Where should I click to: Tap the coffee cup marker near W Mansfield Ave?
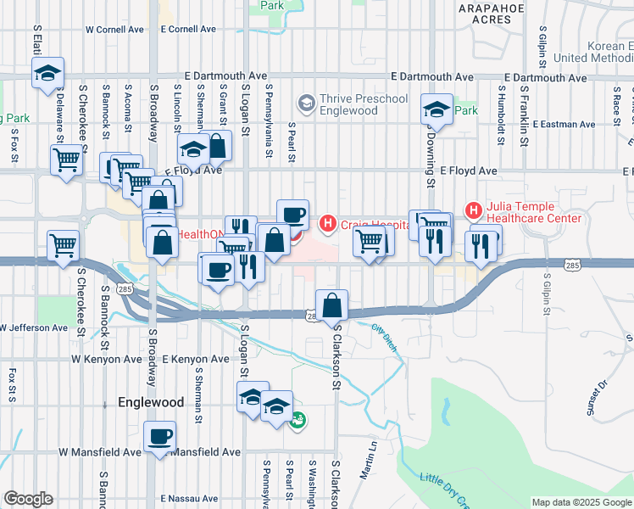159,438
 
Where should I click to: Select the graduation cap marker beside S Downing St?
437,109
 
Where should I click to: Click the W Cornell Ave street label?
114,29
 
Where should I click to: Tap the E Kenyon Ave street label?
196,360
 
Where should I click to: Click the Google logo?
28,499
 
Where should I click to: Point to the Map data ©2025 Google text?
581,503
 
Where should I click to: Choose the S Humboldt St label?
501,109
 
